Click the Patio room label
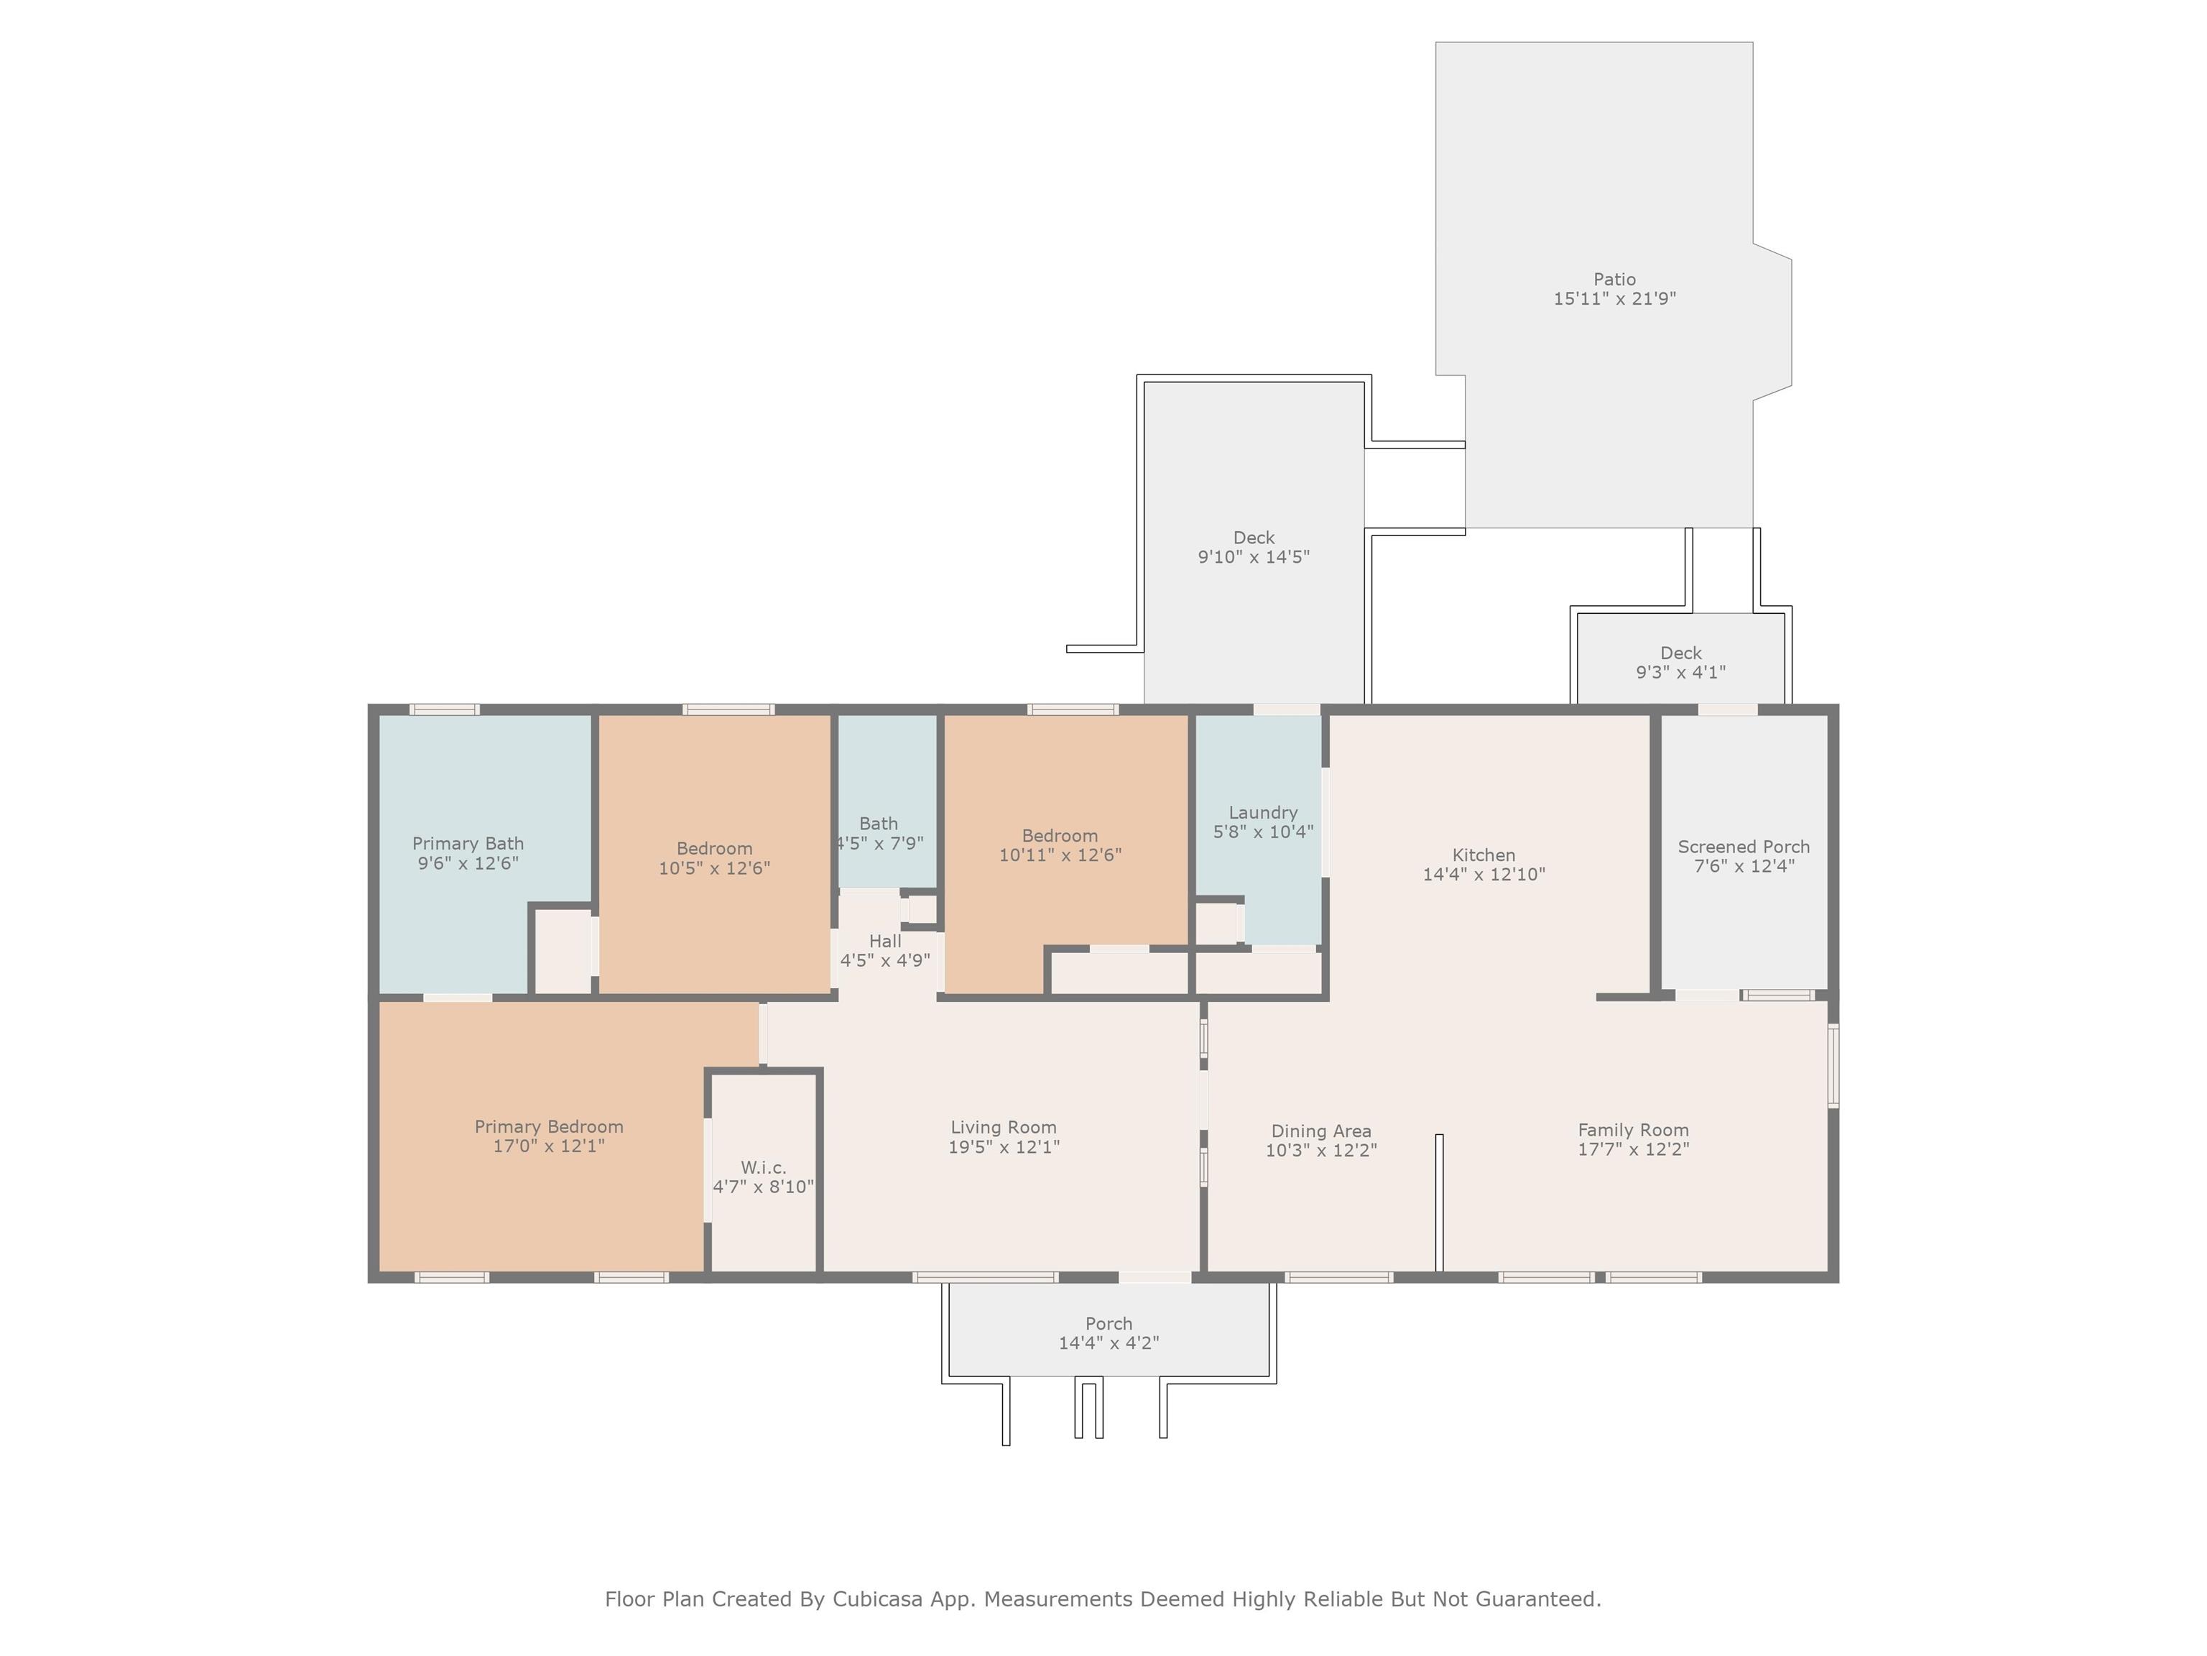click(x=1614, y=280)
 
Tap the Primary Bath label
click(x=468, y=844)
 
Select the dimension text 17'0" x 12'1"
click(x=549, y=1146)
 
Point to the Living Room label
click(x=1004, y=1127)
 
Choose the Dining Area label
click(x=1321, y=1131)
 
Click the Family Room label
click(x=1633, y=1130)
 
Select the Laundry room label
click(x=1263, y=812)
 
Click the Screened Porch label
click(x=1744, y=847)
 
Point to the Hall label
click(x=885, y=940)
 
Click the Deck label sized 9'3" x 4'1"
click(x=1681, y=653)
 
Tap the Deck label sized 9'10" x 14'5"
click(x=1254, y=538)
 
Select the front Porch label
click(x=1109, y=1324)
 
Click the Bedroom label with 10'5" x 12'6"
click(x=714, y=848)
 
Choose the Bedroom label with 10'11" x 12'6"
click(x=1060, y=835)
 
